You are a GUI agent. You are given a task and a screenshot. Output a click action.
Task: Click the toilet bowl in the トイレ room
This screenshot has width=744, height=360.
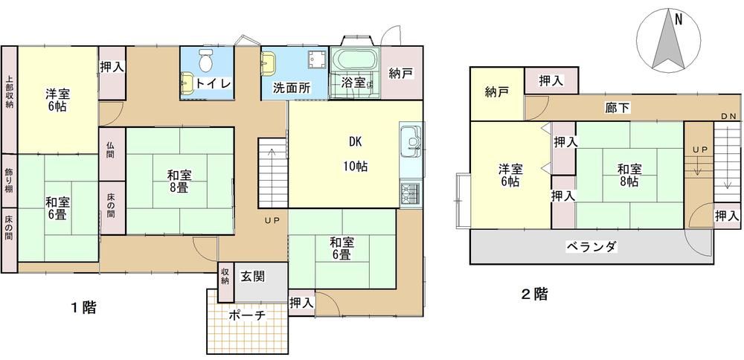(206, 60)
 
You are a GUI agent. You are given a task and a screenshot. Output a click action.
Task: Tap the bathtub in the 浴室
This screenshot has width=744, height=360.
(356, 60)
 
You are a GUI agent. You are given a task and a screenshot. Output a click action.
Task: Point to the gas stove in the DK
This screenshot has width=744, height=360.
(411, 193)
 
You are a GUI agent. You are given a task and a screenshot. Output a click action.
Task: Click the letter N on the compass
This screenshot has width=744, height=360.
(679, 20)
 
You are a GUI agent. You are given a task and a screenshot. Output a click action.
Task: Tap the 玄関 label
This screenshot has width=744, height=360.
(253, 277)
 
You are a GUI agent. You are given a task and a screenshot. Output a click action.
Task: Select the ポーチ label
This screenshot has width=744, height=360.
(247, 315)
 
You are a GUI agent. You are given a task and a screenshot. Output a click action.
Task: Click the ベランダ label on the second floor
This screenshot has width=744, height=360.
(591, 247)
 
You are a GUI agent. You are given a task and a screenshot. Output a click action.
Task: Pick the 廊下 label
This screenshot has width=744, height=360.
(618, 108)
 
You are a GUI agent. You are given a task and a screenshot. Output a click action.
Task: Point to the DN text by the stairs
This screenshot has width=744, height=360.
(728, 116)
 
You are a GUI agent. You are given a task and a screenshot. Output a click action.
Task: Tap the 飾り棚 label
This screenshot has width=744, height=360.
(10, 180)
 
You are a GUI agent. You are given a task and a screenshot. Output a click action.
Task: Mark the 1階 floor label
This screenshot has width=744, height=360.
(83, 308)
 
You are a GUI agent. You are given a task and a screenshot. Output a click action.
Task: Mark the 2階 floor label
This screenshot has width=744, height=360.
(534, 295)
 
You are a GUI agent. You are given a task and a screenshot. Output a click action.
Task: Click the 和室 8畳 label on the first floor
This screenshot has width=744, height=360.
(179, 181)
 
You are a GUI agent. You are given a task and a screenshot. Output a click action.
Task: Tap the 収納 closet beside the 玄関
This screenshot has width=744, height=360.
(225, 277)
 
